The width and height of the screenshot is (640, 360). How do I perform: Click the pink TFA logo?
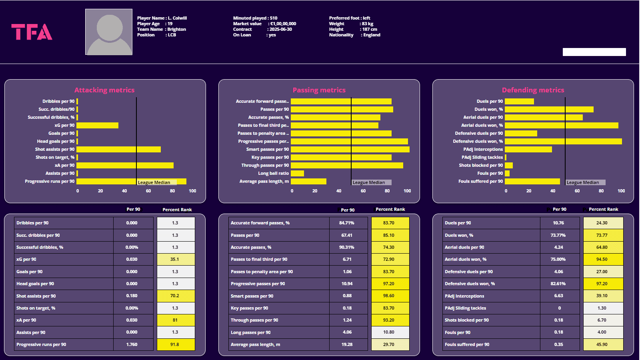(x=32, y=32)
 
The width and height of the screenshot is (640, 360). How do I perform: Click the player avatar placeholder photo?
(x=109, y=32)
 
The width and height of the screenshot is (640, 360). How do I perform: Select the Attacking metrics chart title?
(x=104, y=90)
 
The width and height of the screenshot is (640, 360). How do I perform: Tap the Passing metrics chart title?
(x=319, y=90)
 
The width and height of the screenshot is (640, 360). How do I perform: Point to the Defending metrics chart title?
(x=533, y=90)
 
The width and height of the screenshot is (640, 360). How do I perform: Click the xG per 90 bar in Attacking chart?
(x=98, y=125)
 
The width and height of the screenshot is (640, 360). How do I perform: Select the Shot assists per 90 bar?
(x=119, y=149)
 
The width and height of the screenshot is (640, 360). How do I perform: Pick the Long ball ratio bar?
(x=297, y=173)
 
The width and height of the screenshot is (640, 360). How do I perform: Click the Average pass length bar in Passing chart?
(x=308, y=181)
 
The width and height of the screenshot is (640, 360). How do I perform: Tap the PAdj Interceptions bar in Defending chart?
(x=528, y=149)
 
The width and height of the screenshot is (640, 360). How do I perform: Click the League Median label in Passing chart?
(x=369, y=182)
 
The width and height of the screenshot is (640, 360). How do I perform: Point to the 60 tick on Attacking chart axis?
(x=148, y=191)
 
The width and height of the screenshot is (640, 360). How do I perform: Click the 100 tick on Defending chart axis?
(x=621, y=191)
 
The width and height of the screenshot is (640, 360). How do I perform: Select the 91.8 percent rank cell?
(x=175, y=344)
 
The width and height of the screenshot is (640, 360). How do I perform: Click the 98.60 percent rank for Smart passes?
(x=389, y=296)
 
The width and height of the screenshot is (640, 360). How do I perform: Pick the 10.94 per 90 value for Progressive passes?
(x=347, y=284)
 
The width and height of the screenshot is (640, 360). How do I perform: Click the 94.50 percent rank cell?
(x=602, y=259)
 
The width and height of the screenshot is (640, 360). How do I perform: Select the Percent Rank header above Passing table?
(x=390, y=209)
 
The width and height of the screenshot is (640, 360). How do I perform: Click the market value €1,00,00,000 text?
(x=283, y=24)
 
